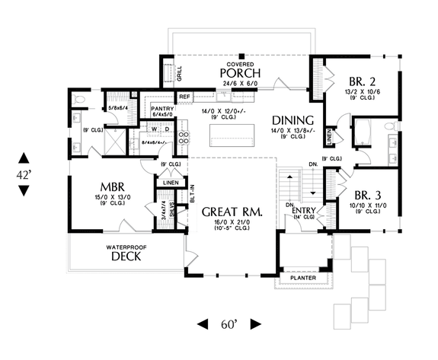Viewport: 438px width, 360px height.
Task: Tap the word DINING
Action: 293,120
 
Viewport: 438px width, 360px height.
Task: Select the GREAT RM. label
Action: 233,212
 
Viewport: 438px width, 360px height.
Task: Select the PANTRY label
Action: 164,109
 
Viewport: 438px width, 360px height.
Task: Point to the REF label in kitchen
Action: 184,97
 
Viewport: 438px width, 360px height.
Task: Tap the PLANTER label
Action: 308,279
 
